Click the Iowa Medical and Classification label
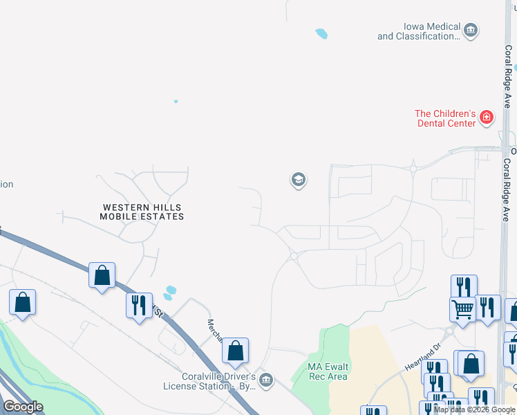click(x=418, y=31)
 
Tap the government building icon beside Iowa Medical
click(x=471, y=30)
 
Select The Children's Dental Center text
click(x=446, y=118)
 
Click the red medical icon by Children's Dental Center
click(x=487, y=117)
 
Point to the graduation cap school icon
click(x=298, y=181)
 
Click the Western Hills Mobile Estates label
click(x=142, y=212)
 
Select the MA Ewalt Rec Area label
click(x=327, y=371)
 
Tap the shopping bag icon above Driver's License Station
click(x=236, y=351)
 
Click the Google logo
click(x=23, y=407)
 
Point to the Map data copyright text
click(x=474, y=410)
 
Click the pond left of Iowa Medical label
click(x=321, y=33)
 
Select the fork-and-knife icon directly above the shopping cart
click(x=464, y=287)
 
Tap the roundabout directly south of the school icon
click(x=294, y=257)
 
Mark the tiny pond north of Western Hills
click(x=176, y=102)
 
